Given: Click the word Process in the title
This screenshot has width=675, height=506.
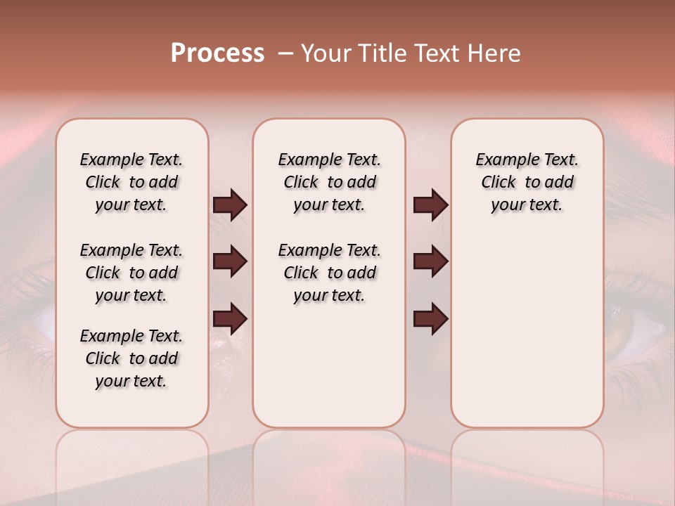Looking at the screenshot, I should coord(217,53).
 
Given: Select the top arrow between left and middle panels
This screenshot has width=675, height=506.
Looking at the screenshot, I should coord(230,205).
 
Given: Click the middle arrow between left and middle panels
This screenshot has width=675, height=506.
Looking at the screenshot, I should coord(230,261).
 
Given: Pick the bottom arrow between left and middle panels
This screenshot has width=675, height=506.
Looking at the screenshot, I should coord(230,318).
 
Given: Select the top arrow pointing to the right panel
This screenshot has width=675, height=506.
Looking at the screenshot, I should coord(430,205).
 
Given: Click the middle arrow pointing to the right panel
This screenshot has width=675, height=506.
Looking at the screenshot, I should coord(430,261).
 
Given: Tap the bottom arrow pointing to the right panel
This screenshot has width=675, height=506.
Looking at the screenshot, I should coord(430,318).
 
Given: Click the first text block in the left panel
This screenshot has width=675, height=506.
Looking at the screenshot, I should coord(131,182).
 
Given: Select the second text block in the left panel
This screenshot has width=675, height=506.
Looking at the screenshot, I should coord(131,273).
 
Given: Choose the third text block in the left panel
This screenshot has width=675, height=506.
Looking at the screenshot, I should coord(131,358).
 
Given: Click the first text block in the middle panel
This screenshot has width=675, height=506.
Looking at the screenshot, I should coord(329,182).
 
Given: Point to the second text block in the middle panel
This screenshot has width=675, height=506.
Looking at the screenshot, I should coord(329,273).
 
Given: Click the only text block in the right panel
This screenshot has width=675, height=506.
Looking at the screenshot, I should coord(527,182).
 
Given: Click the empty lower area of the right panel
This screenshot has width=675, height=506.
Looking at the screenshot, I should coord(527,337).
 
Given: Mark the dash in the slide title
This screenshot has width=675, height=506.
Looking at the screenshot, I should coord(286,53).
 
